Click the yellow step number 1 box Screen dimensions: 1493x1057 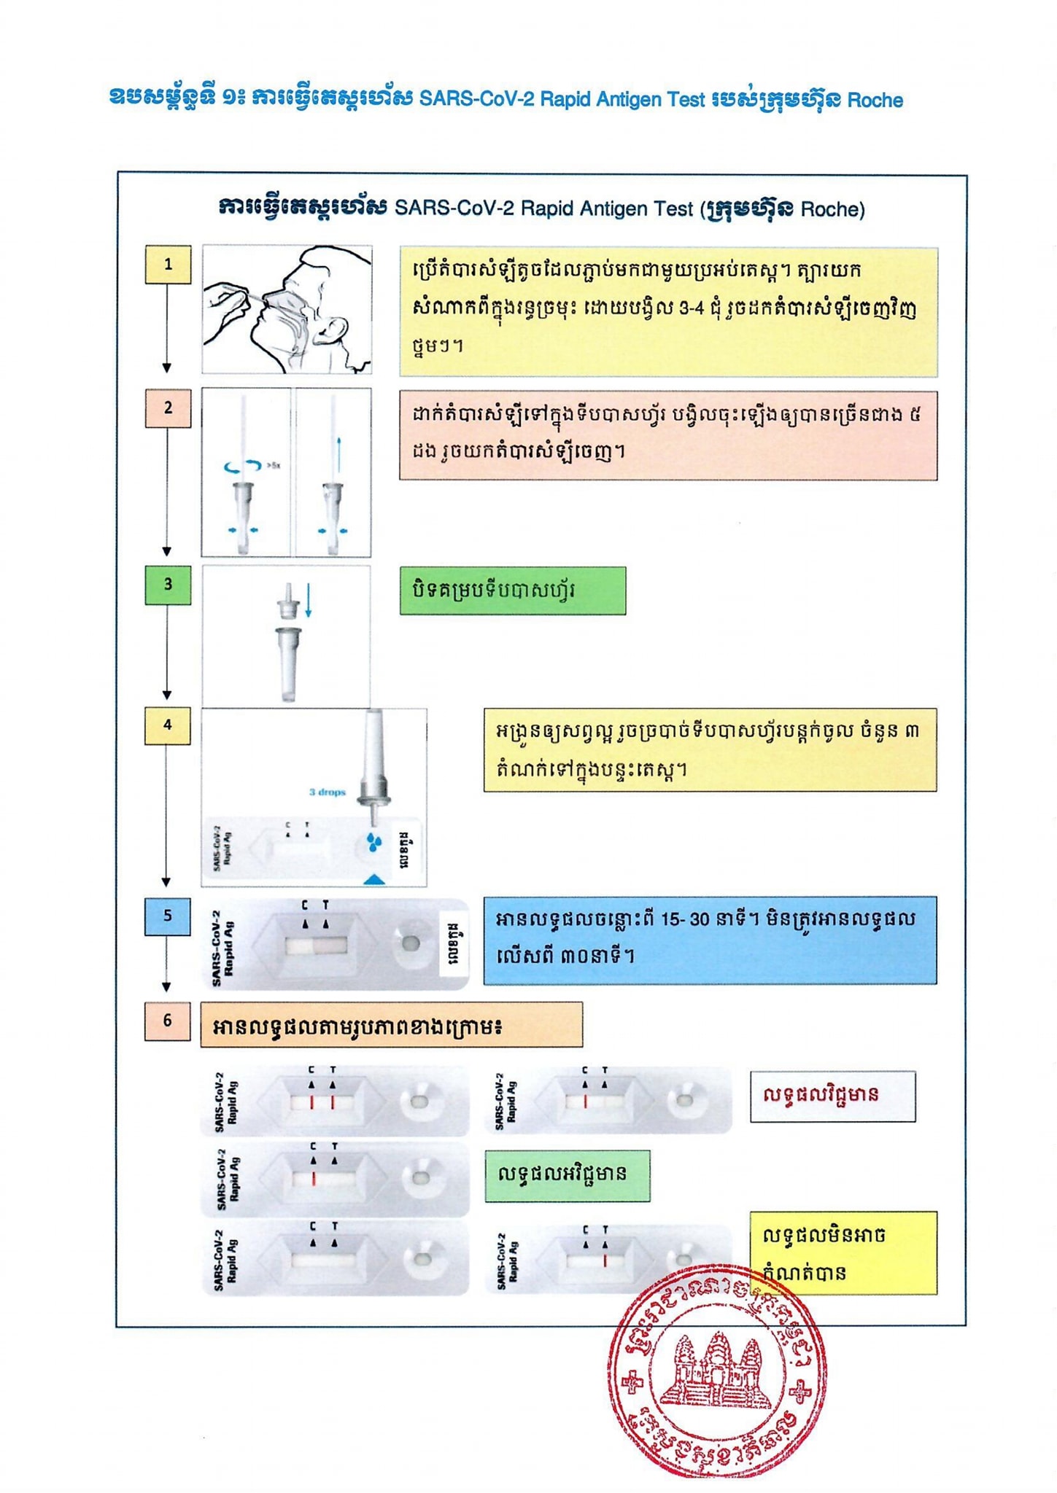[168, 264]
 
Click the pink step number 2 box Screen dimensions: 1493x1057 [168, 408]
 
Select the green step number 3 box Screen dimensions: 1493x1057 [168, 585]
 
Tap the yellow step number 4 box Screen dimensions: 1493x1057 [168, 725]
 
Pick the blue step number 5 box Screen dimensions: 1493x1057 [168, 916]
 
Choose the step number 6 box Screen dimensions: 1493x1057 [168, 1021]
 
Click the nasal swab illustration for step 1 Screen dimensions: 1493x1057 [287, 310]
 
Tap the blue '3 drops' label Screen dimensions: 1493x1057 [327, 792]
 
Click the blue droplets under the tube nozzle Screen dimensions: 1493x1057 [374, 842]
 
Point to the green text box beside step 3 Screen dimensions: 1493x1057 [512, 590]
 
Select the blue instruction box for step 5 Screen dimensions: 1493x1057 [710, 940]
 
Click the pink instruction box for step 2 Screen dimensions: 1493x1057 [667, 435]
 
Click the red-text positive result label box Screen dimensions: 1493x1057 [832, 1096]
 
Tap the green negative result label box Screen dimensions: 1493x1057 [567, 1176]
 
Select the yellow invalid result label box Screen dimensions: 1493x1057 [843, 1254]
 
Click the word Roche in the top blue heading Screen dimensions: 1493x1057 [875, 101]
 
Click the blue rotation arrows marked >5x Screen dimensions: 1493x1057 [243, 465]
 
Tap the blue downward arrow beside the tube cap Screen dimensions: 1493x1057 [309, 601]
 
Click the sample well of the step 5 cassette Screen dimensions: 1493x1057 [410, 943]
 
